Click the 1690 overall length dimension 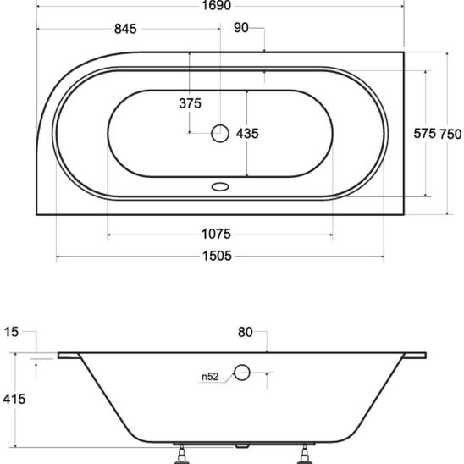pos(216,5)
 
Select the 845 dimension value pos(125,29)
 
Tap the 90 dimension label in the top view pos(240,28)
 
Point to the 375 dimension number pos(190,103)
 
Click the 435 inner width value pos(247,134)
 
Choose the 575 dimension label pos(425,134)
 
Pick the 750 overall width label pos(450,135)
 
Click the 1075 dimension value pos(216,234)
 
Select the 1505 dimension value pos(217,256)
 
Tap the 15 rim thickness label pos(11,332)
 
